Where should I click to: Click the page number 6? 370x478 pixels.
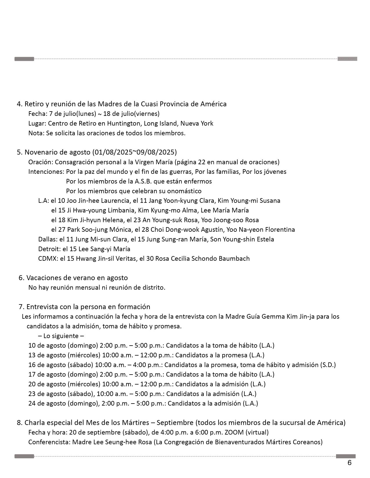pyautogui.click(x=349, y=463)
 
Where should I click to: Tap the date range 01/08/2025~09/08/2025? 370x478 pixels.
pyautogui.click(x=134, y=152)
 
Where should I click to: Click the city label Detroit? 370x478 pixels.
pyautogui.click(x=49, y=249)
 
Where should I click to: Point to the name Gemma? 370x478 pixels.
pyautogui.click(x=273, y=316)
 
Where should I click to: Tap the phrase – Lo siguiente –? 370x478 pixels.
pyautogui.click(x=61, y=336)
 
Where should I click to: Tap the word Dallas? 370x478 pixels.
pyautogui.click(x=48, y=239)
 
